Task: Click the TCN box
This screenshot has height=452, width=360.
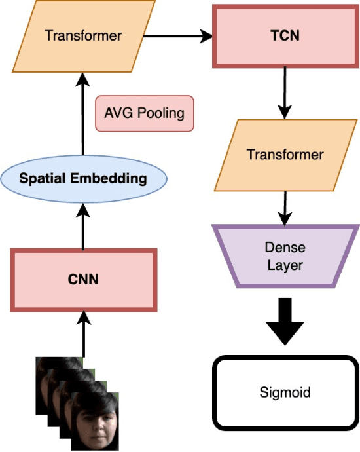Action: coord(285,35)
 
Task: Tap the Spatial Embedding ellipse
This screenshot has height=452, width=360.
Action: coord(82,178)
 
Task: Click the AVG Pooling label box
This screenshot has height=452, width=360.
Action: coord(144,113)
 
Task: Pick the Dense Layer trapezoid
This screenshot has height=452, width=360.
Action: coord(285,256)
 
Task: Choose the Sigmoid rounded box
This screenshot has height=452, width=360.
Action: coord(285,393)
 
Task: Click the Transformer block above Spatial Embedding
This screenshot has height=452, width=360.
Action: coord(82,35)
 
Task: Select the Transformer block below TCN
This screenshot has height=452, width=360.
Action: coord(285,155)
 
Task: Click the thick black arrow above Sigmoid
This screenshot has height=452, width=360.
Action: coord(285,321)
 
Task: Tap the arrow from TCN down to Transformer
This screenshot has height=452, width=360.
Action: coord(285,92)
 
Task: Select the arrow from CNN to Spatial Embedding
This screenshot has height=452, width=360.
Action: coord(82,226)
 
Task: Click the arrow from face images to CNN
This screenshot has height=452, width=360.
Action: coord(82,334)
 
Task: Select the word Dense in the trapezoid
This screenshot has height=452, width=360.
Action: coord(285,248)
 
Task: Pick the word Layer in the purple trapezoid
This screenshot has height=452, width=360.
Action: coord(285,265)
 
